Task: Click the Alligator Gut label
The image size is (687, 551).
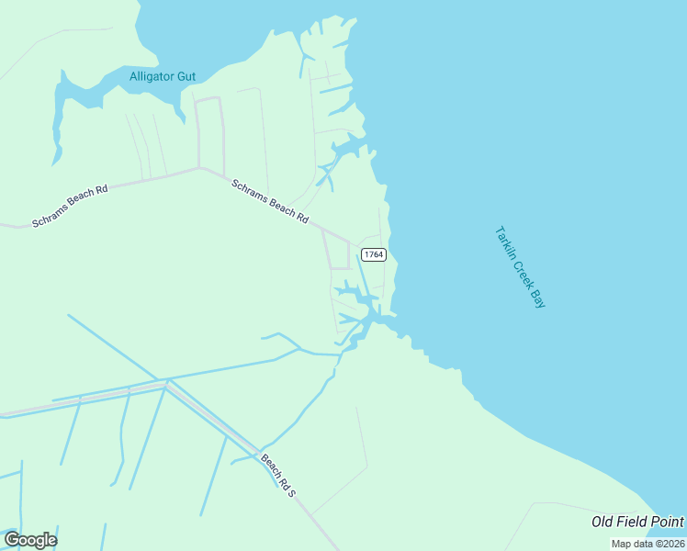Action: point(163,76)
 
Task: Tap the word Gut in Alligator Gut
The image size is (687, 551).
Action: point(186,76)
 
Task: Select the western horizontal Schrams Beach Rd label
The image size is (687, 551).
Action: point(70,206)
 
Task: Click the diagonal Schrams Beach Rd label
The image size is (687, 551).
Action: point(270,199)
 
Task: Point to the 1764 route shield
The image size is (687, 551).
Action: point(373,254)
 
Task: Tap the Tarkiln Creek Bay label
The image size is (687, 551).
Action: point(520,266)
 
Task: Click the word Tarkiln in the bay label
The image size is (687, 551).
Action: point(504,241)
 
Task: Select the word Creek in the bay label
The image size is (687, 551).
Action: point(521,269)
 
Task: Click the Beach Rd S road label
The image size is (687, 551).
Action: point(278,475)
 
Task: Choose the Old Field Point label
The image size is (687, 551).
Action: point(637,523)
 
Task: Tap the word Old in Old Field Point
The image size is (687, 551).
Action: point(603,523)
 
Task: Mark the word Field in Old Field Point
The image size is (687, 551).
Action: point(632,523)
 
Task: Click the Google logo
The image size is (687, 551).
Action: point(30,540)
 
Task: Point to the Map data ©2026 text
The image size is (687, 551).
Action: point(648,544)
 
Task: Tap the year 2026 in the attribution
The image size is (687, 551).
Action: point(671,544)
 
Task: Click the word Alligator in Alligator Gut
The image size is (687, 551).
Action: point(152,76)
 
